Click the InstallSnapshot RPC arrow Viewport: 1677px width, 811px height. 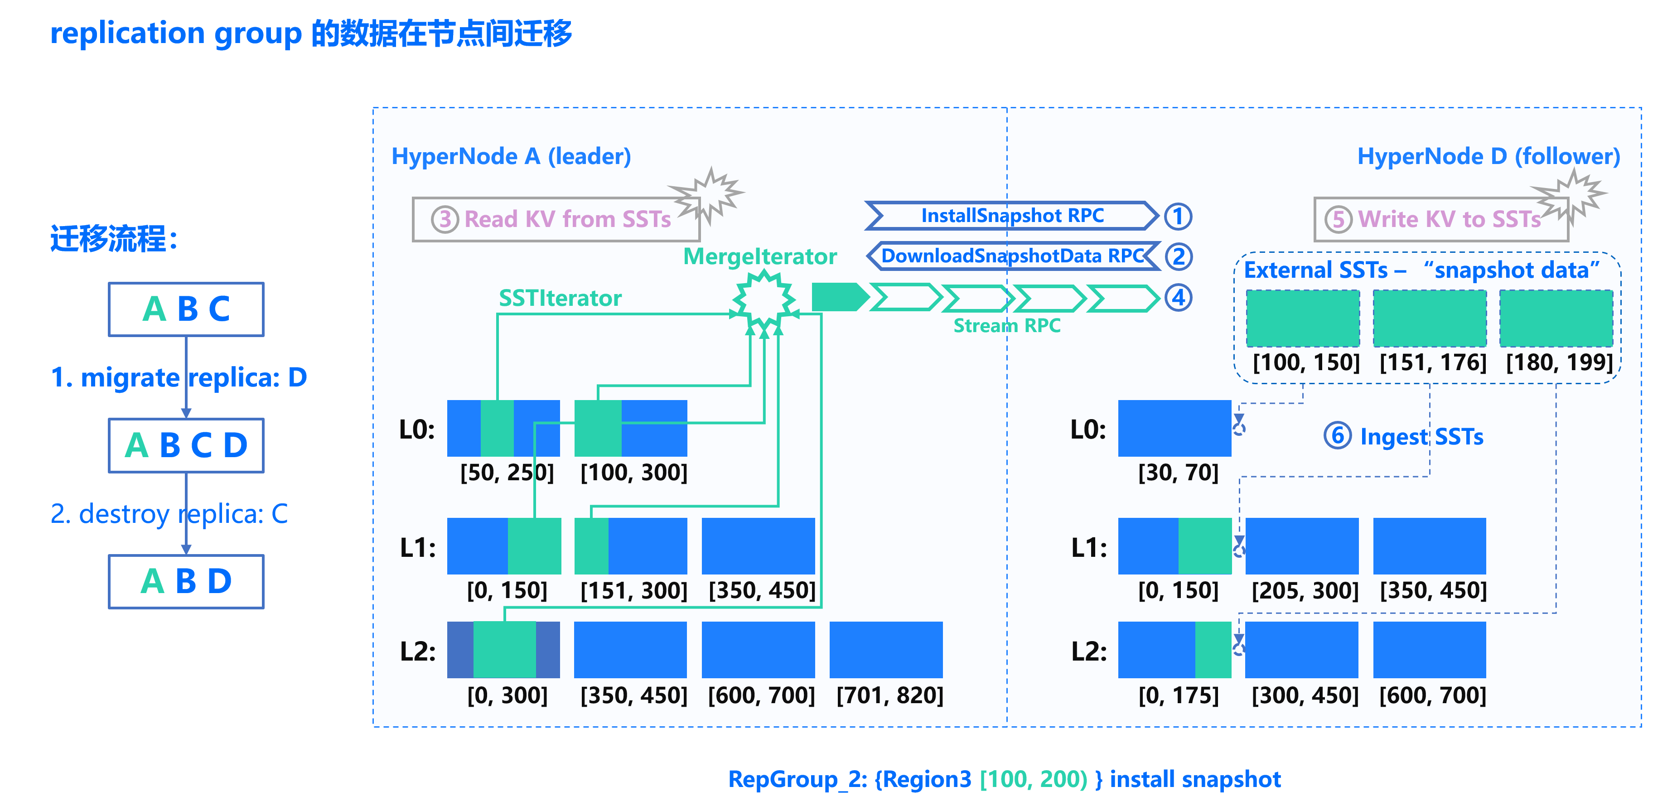(x=1012, y=216)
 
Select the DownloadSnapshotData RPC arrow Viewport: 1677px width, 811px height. (x=1013, y=256)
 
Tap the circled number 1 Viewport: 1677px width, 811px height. (x=1178, y=216)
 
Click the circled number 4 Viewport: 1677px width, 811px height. (x=1178, y=298)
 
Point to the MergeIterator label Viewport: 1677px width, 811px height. (x=760, y=256)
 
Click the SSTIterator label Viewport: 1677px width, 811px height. (x=560, y=298)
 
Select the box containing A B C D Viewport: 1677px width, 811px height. (x=186, y=445)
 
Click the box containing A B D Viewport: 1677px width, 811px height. (x=186, y=581)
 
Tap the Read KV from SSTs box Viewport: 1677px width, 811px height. (x=556, y=219)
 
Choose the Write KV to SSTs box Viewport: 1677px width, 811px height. (x=1441, y=219)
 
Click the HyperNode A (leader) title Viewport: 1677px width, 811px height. (x=511, y=156)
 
